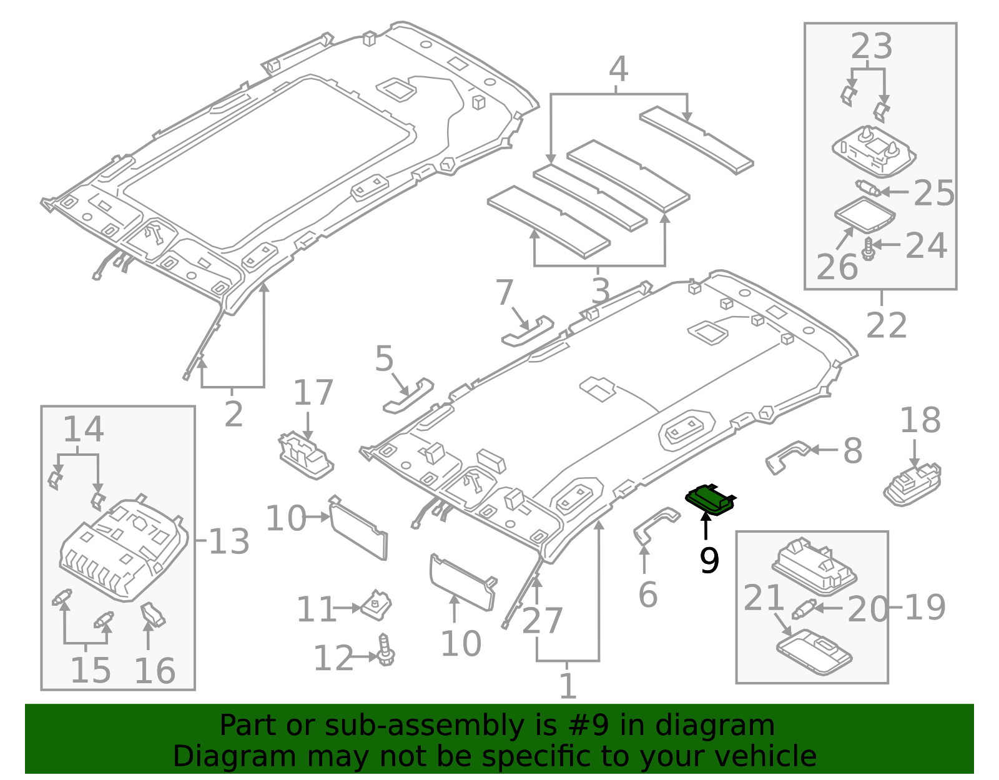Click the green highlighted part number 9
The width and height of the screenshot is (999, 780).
(x=710, y=499)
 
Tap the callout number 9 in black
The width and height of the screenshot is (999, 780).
(x=709, y=560)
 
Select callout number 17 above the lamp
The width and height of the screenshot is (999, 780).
(x=313, y=393)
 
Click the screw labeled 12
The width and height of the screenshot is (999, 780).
(x=386, y=651)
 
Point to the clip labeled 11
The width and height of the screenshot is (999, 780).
(x=377, y=605)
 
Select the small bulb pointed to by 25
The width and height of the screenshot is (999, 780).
(x=867, y=188)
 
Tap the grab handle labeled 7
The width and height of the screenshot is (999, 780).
(x=528, y=332)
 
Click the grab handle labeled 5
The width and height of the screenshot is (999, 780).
(x=408, y=395)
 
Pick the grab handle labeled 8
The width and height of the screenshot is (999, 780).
(x=788, y=455)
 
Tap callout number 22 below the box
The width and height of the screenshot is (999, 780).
(x=887, y=325)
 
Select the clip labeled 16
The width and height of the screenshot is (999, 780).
(x=153, y=613)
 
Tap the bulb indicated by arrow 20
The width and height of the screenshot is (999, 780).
(x=803, y=609)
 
